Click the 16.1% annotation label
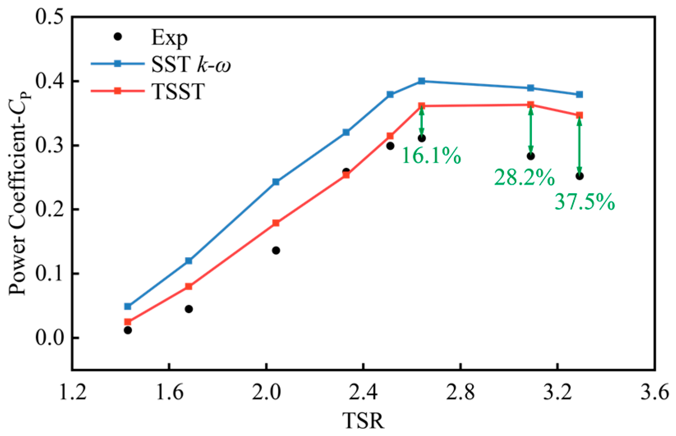pyautogui.click(x=431, y=155)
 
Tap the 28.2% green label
pyautogui.click(x=524, y=178)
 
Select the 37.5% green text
pyautogui.click(x=584, y=202)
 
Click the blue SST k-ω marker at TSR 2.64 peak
pyautogui.click(x=422, y=81)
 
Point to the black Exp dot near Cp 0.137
pyautogui.click(x=276, y=250)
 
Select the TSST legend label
pyautogui.click(x=178, y=91)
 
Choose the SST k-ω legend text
pyautogui.click(x=190, y=64)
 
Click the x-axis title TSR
pyautogui.click(x=363, y=421)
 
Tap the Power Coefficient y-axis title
pyautogui.click(x=18, y=193)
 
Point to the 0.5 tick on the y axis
pyautogui.click(x=49, y=17)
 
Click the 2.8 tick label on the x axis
pyautogui.click(x=461, y=393)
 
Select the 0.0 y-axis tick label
pyautogui.click(x=49, y=338)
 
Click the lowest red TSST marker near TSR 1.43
pyautogui.click(x=128, y=322)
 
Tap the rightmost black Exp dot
pyautogui.click(x=580, y=176)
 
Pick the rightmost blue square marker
pyautogui.click(x=580, y=94)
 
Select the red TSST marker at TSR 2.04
pyautogui.click(x=276, y=223)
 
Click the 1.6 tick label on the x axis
pyautogui.click(x=169, y=393)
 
